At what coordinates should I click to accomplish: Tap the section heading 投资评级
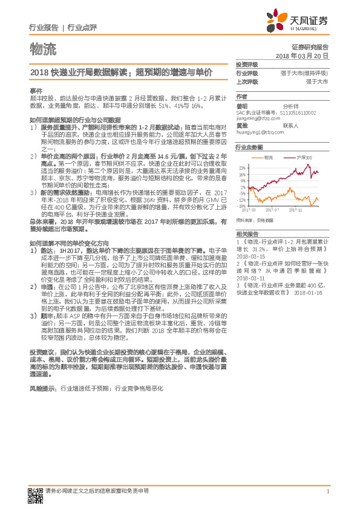pos(247,63)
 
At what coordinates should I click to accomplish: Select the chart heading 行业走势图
pos(249,147)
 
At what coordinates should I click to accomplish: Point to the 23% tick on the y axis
pos(243,167)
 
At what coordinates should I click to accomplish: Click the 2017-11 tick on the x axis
pos(295,210)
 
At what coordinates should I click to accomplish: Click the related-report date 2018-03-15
pos(249,256)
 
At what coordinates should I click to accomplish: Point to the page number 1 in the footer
pos(327,491)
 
